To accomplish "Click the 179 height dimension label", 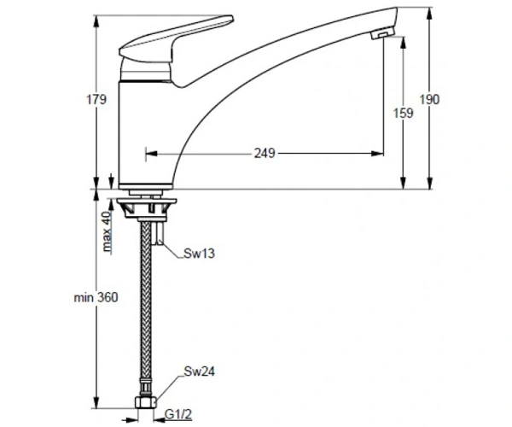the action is (x=96, y=99).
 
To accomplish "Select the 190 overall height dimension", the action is (x=429, y=99).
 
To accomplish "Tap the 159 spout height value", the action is (x=404, y=113).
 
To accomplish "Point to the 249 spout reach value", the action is (x=265, y=153).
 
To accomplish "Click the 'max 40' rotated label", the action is (x=107, y=231).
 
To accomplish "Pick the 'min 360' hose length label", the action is (x=96, y=298).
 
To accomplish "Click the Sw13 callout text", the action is (x=199, y=254).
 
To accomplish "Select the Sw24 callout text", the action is (x=200, y=371).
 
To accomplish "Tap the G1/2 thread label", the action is (x=178, y=414).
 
